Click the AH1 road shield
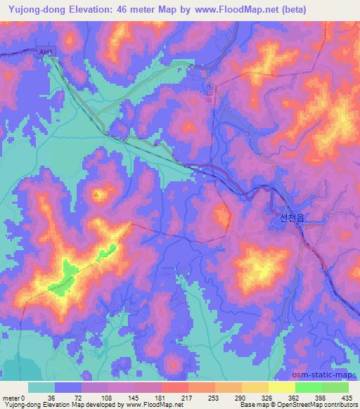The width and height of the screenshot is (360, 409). click(x=46, y=53)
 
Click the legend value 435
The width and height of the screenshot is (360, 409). click(x=347, y=397)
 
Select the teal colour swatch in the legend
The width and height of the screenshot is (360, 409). click(x=41, y=387)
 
